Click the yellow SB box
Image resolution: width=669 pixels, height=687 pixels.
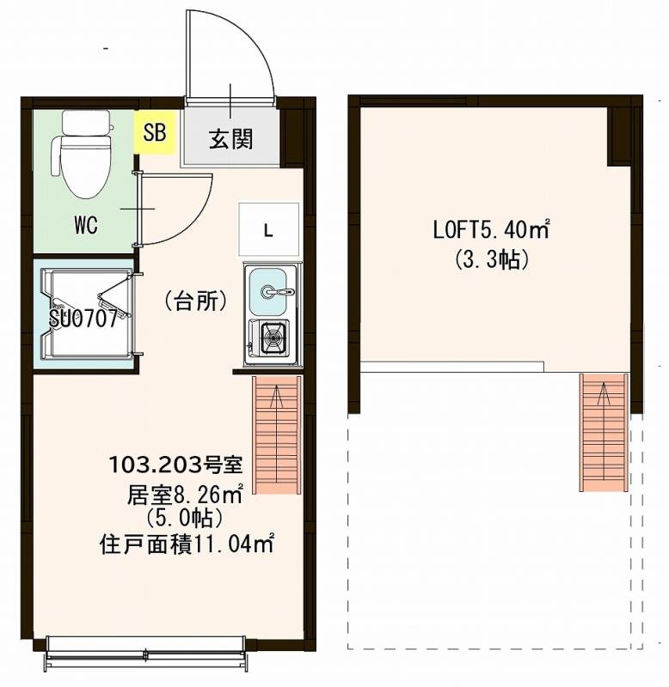click(156, 133)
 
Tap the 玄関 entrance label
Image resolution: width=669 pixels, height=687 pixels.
click(231, 139)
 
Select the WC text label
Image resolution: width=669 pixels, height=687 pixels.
click(85, 226)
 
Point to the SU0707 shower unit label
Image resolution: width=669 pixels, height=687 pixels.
click(83, 319)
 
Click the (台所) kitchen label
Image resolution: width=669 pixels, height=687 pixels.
click(195, 301)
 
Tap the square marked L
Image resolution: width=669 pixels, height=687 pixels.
click(268, 229)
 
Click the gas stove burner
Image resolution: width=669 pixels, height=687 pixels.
click(273, 337)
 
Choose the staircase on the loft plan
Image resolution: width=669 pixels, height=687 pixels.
click(604, 431)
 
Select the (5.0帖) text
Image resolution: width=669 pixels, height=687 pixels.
click(184, 518)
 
